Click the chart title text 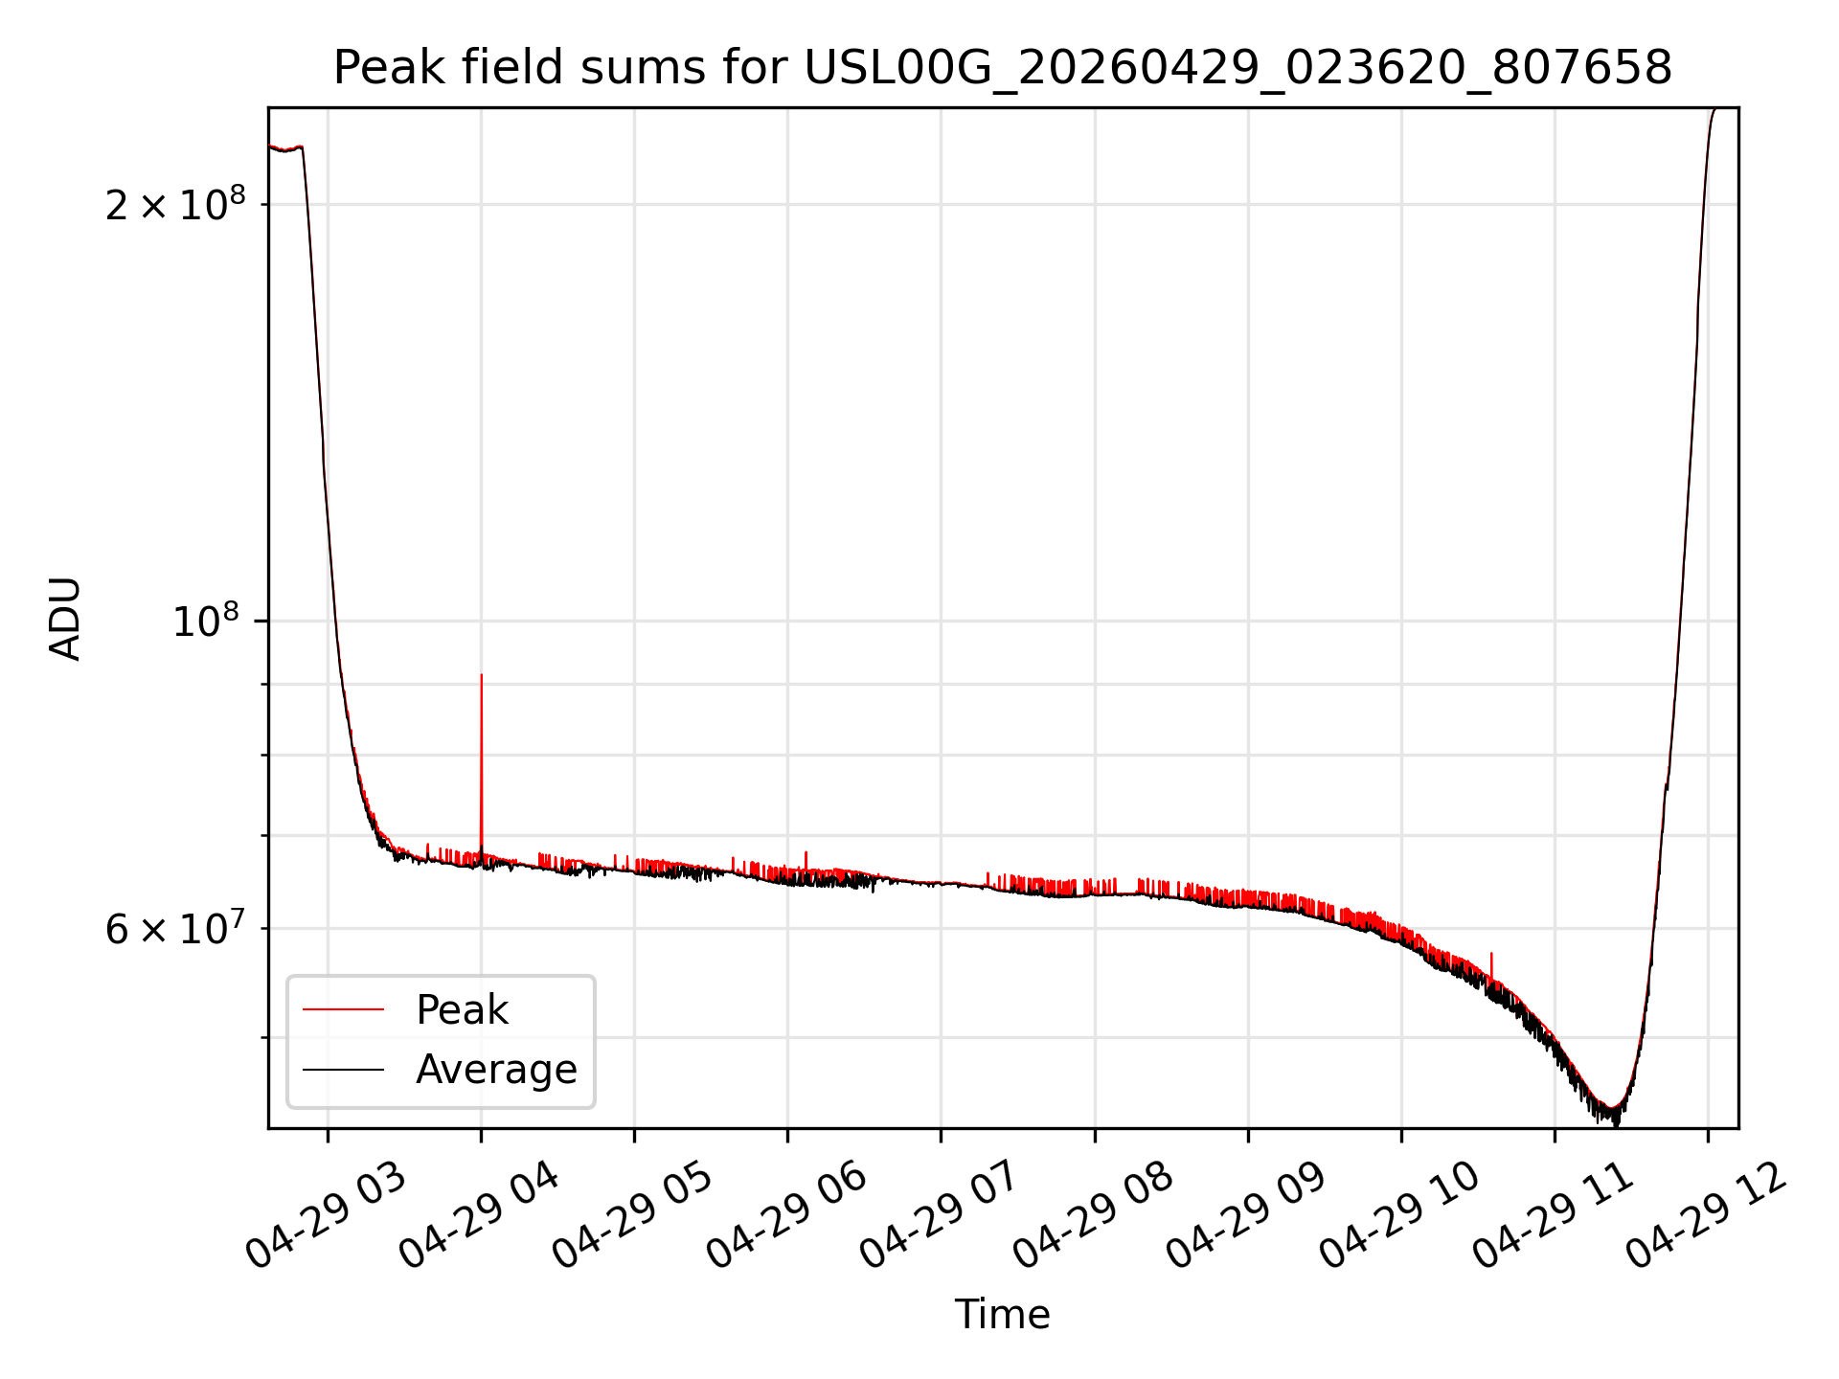pos(1002,68)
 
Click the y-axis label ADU pos(65,619)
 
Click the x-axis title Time pos(1002,1314)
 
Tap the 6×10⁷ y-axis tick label pos(175,928)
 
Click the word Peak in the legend pos(462,1010)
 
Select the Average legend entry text pos(496,1070)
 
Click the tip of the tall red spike pos(481,675)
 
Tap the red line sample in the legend pos(343,1010)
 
